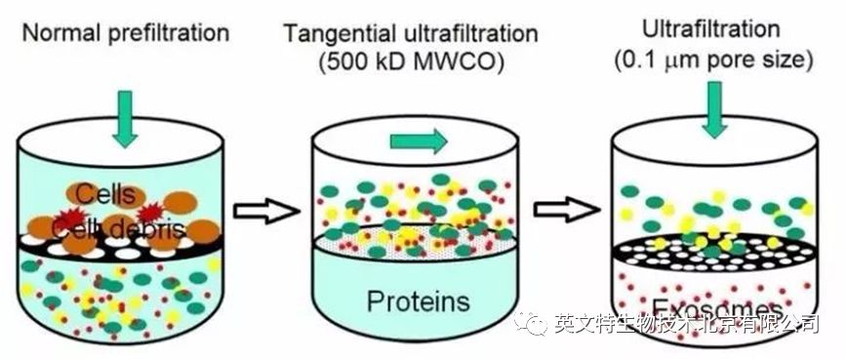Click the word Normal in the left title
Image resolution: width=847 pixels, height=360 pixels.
tap(57, 33)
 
